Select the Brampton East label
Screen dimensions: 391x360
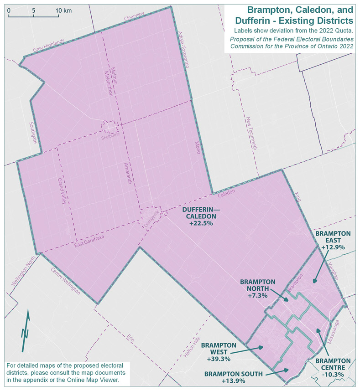(x=333, y=237)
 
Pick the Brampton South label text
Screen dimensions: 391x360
(x=233, y=374)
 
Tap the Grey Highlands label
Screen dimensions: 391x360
(x=48, y=45)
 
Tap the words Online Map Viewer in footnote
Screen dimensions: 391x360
(x=94, y=380)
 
